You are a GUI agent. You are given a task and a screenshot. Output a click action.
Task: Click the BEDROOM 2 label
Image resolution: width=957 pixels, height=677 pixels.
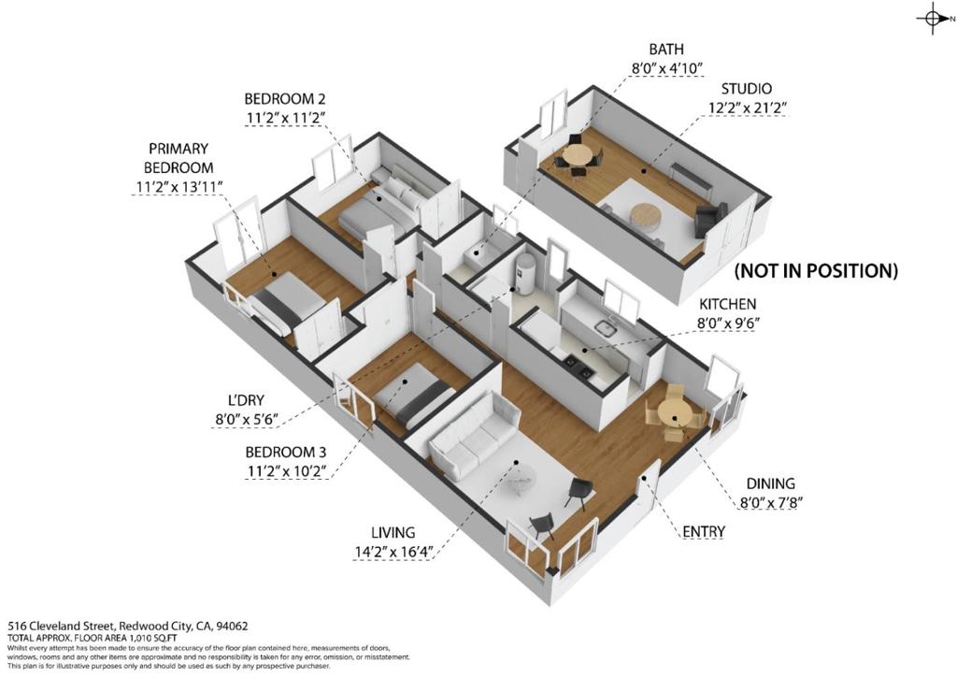(285, 97)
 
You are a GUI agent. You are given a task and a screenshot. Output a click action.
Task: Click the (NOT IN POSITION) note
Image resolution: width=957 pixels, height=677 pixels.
(816, 271)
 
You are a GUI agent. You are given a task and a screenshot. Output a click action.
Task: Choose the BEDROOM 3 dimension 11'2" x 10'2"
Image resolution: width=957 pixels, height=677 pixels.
(285, 471)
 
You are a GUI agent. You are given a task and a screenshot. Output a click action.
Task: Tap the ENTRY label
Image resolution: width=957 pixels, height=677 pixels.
(704, 532)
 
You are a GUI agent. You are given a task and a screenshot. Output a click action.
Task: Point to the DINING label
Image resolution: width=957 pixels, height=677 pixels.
(770, 483)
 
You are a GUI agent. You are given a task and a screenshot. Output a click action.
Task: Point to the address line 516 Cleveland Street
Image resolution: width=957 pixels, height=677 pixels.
(128, 626)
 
